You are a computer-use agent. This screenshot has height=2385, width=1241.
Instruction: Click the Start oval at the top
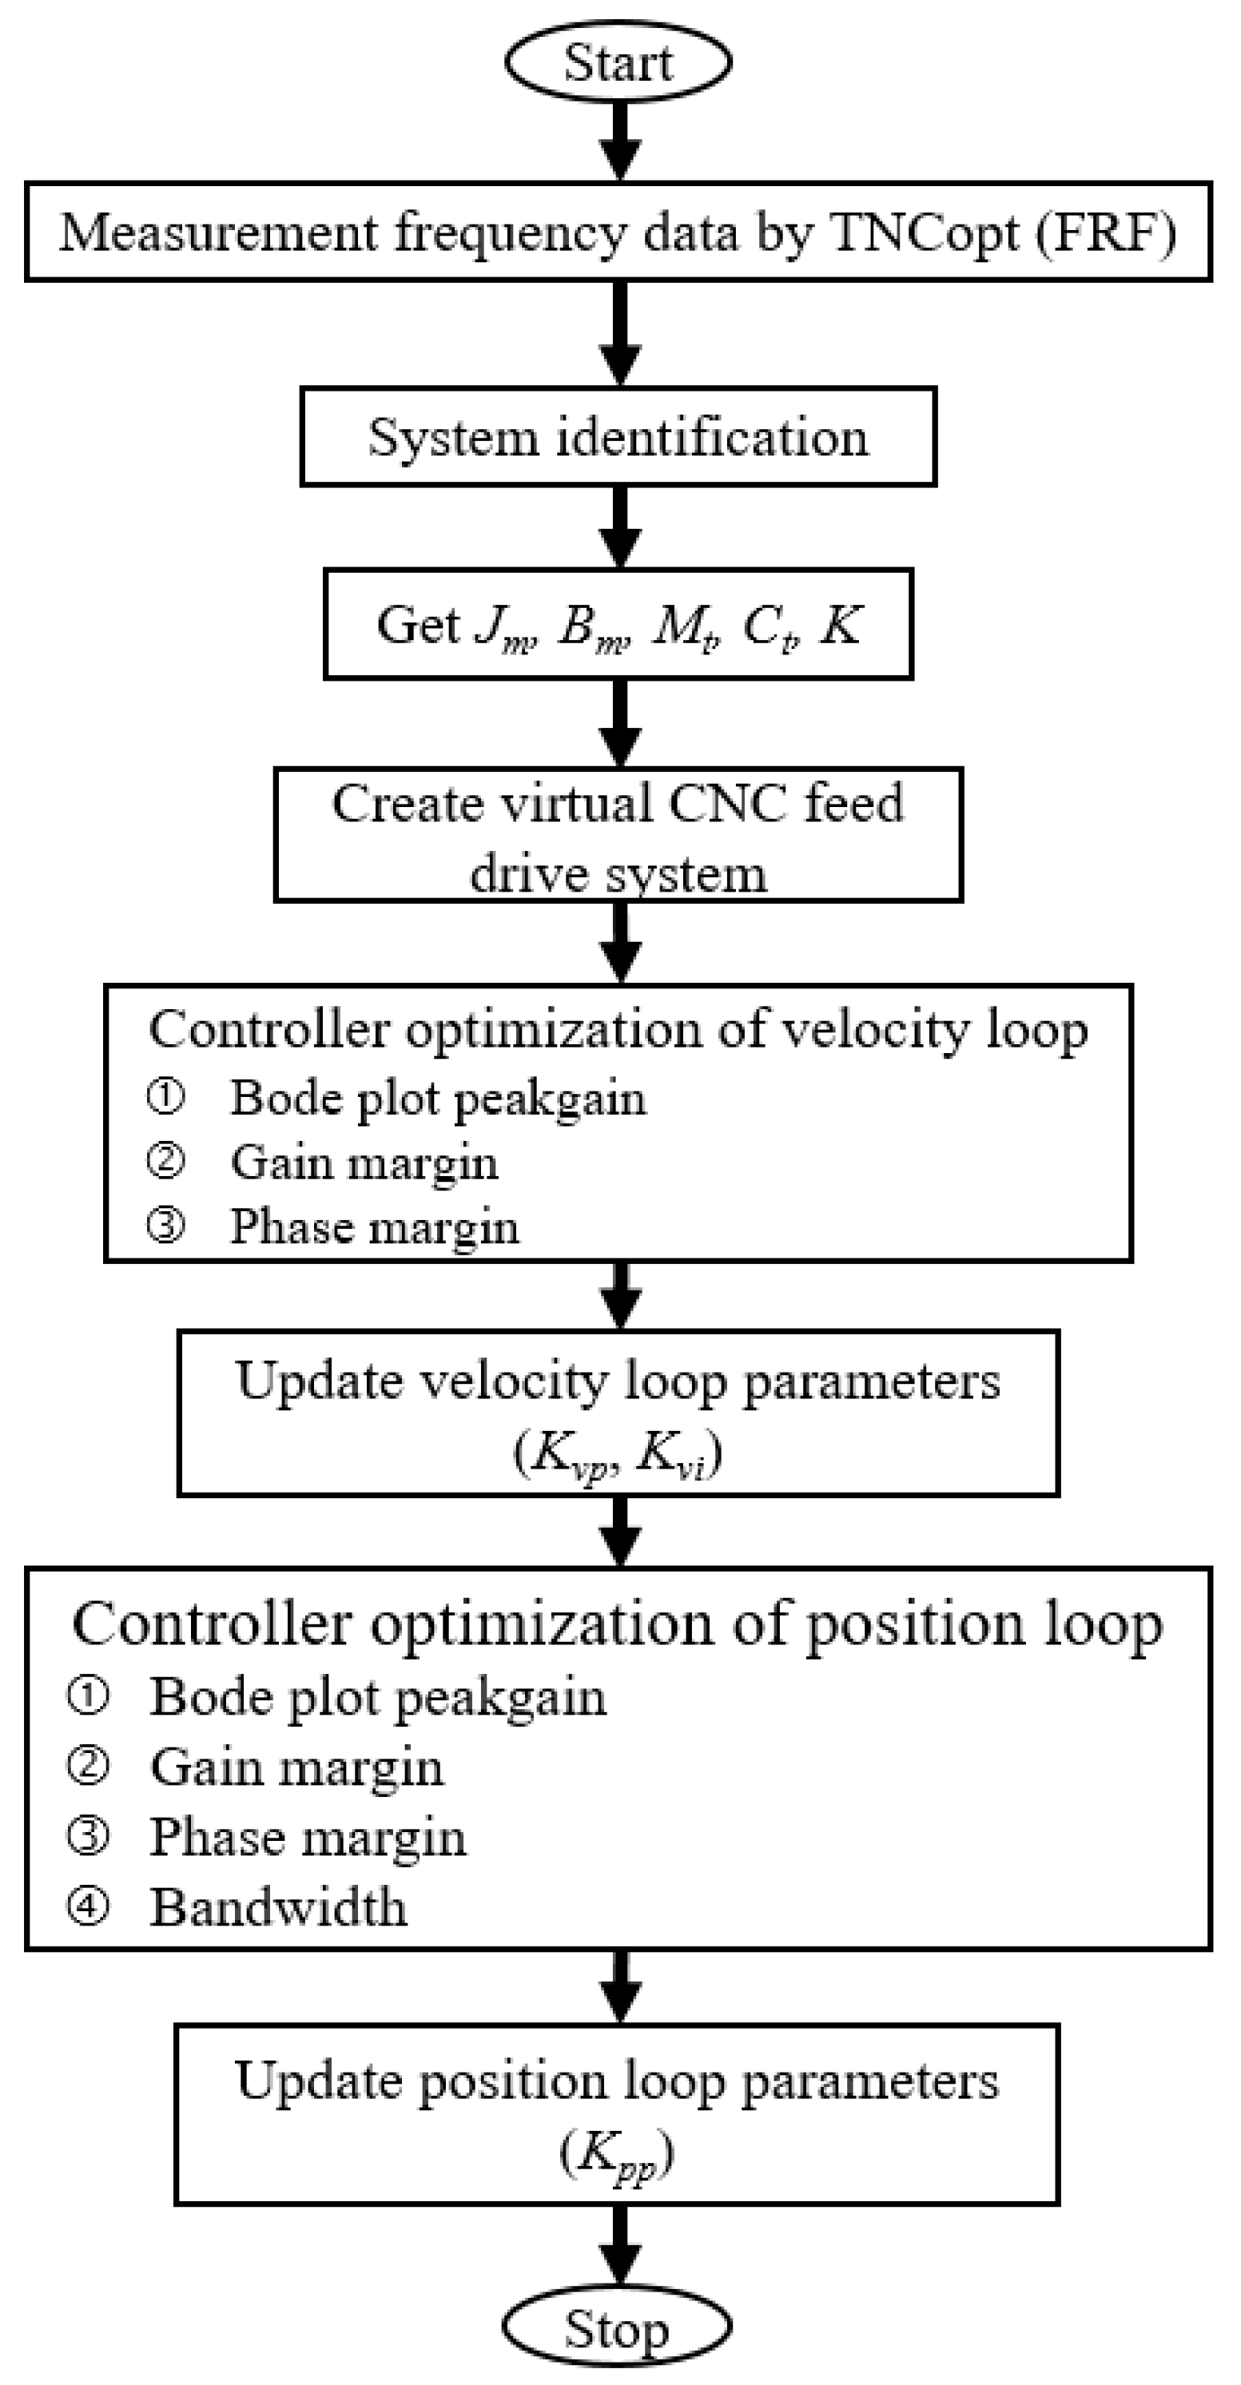point(618,62)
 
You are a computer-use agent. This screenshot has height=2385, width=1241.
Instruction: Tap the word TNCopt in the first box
point(925,233)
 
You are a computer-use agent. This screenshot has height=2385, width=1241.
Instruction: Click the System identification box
point(618,437)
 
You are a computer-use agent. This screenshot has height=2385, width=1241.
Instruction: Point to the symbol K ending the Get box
point(841,625)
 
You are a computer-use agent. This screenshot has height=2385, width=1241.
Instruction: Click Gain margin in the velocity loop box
point(364,1163)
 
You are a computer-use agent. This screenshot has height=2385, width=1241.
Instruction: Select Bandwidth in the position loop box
point(278,1908)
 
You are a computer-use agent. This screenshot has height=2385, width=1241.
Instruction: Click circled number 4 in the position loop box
point(89,1907)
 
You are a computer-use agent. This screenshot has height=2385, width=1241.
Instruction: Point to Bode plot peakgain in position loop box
point(378,1697)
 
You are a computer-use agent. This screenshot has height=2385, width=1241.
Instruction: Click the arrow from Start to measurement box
point(619,140)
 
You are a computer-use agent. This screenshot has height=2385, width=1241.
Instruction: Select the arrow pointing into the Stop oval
point(619,2244)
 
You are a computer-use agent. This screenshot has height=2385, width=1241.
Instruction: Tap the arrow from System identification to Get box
point(619,526)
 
